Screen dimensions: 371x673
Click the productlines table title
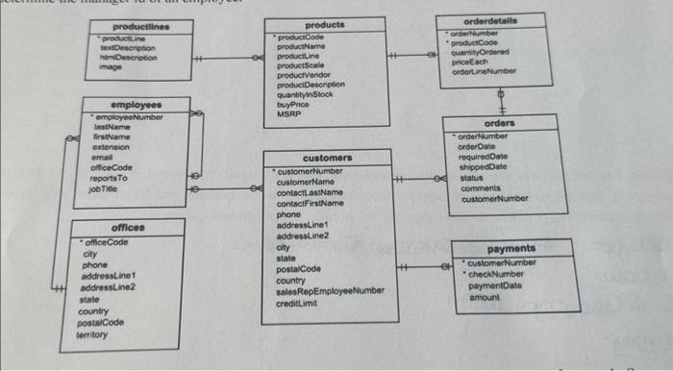[x=138, y=27]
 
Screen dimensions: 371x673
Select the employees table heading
[x=137, y=105]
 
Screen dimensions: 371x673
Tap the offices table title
[x=127, y=228]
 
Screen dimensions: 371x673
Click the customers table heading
[x=327, y=159]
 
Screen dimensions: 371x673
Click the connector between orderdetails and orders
[x=499, y=101]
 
